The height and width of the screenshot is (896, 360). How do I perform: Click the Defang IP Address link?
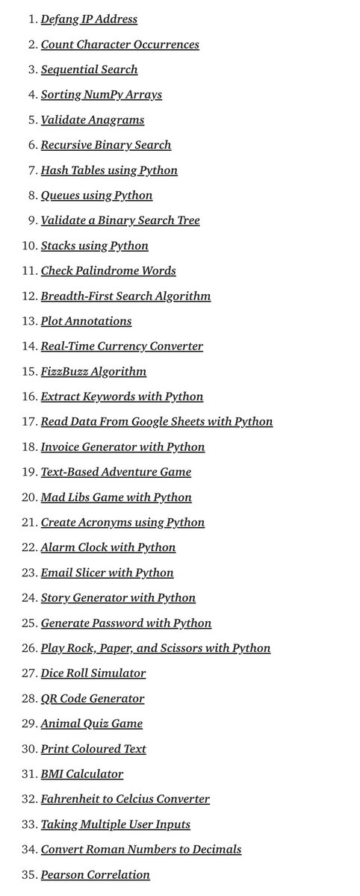(x=89, y=19)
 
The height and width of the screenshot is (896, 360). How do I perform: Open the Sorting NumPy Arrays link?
(x=101, y=95)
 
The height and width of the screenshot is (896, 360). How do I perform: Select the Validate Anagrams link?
(x=93, y=120)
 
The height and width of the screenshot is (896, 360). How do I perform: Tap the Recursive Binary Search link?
(x=106, y=145)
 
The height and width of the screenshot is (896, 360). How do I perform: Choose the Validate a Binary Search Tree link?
(x=120, y=220)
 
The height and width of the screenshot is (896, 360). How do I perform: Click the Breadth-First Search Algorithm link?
(x=125, y=296)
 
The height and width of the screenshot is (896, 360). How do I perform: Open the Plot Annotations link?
(x=86, y=321)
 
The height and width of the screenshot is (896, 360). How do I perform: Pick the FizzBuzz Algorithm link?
(x=93, y=372)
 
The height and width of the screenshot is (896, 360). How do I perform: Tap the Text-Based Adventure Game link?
(x=116, y=472)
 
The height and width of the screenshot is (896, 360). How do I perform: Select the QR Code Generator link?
(x=93, y=699)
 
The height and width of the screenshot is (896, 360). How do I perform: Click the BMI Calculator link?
(x=82, y=774)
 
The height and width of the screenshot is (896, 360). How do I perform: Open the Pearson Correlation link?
(x=95, y=874)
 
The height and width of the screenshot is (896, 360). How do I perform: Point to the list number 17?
(x=28, y=422)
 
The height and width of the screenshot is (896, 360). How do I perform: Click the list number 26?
(x=28, y=648)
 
